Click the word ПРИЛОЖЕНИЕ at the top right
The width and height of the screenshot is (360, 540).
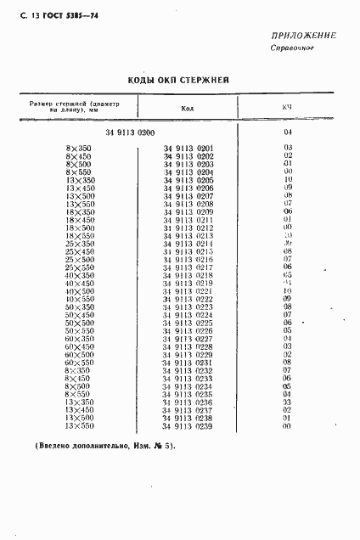302,36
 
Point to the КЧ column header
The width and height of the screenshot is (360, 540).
287,108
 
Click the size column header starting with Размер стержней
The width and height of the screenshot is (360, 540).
76,107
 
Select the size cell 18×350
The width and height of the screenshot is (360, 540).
79,212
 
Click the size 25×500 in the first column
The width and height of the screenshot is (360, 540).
79,260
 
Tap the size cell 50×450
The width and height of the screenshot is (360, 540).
79,315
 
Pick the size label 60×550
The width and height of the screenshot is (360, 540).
79,363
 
